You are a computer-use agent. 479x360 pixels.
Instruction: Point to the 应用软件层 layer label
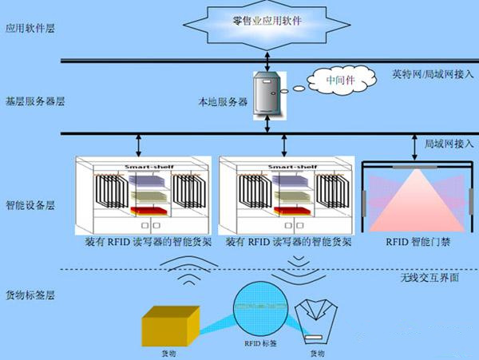click(23, 27)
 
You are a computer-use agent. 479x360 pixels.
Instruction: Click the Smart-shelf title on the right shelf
click(282, 166)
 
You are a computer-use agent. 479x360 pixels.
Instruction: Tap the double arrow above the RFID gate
click(414, 146)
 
